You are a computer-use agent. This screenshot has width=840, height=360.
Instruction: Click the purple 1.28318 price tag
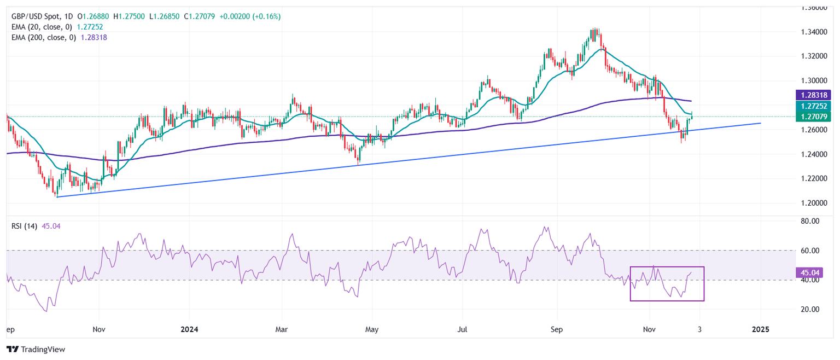pos(814,95)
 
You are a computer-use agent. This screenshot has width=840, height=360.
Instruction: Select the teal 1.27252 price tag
pos(814,106)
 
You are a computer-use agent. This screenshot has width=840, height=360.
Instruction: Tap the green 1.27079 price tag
pos(814,116)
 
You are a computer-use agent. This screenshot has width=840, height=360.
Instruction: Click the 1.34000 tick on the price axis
pos(814,32)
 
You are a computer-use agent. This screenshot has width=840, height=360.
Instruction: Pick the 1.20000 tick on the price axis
pos(814,203)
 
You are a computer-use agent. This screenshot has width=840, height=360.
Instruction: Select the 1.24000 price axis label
pos(814,154)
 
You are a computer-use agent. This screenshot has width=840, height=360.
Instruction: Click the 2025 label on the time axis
pos(760,330)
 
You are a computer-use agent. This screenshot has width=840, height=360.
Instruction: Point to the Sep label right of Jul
pos(556,330)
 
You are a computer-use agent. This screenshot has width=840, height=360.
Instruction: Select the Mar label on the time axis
pos(282,330)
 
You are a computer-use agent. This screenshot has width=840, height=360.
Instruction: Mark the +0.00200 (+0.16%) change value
pos(250,16)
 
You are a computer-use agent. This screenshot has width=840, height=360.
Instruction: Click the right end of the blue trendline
pos(761,123)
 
